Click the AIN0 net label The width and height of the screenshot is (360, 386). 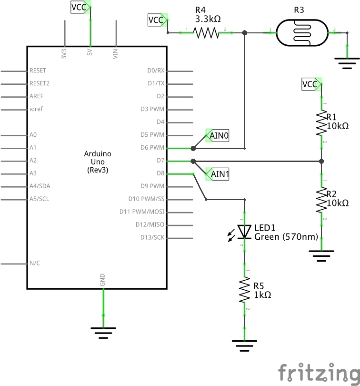tap(217, 135)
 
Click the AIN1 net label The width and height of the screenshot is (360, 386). tap(217, 174)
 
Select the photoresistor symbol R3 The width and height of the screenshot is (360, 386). tap(302, 33)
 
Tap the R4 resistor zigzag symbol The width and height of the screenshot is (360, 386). tap(206, 33)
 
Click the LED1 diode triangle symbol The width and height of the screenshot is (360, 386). tap(244, 232)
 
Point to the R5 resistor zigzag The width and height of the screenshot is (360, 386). tap(244, 290)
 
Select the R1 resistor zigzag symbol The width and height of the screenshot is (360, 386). tap(321, 123)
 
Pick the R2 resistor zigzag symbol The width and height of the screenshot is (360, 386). tap(321, 200)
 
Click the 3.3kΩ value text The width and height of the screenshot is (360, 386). tap(208, 19)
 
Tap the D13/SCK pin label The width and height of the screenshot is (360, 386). tap(152, 237)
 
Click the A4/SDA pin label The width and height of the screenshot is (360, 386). tap(40, 186)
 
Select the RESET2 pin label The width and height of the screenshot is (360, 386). tap(40, 83)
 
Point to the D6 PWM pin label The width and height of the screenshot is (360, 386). tap(152, 147)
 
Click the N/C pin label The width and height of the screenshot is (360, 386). tap(35, 263)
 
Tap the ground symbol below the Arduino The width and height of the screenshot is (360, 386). tap(103, 333)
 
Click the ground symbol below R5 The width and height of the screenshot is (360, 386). tap(244, 346)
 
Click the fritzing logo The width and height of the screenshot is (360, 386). tap(319, 374)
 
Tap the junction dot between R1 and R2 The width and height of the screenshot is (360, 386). tap(321, 161)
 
